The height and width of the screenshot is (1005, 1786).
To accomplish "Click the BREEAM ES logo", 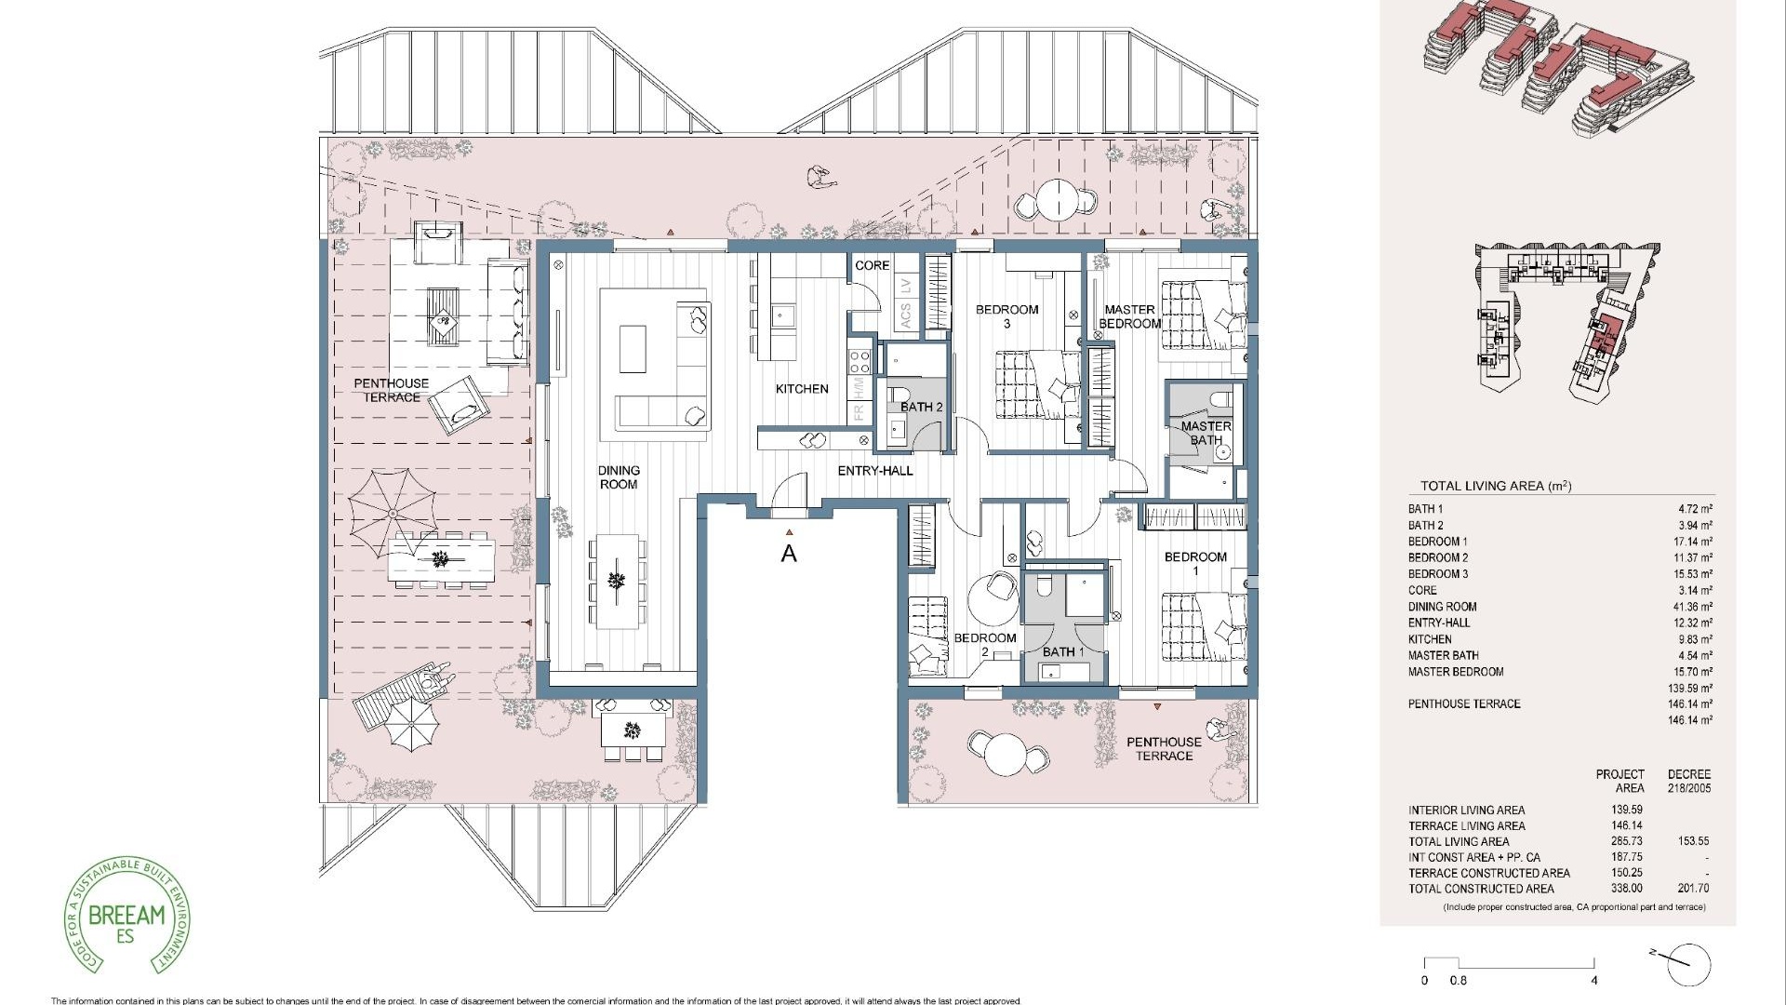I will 127,916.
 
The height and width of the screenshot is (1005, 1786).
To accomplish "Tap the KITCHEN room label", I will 802,389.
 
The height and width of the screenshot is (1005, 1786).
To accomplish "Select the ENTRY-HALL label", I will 875,471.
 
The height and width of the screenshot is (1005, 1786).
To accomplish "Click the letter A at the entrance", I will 789,554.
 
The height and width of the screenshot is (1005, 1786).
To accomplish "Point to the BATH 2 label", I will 921,407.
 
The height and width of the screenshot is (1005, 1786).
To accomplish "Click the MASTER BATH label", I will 1206,433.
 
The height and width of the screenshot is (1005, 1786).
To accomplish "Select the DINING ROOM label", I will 619,477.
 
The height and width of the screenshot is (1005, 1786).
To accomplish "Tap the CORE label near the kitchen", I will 872,265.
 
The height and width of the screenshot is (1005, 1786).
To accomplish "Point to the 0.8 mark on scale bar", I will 1458,981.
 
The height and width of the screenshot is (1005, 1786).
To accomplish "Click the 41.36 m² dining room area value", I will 1692,607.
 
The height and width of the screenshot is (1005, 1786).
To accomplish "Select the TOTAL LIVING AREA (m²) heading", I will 1495,486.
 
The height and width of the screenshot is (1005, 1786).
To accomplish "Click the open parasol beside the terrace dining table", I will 392,513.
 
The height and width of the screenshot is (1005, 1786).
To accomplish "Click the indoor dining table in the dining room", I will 616,582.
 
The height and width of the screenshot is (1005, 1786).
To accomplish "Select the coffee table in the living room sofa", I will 633,349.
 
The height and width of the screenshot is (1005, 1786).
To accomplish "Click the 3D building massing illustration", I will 1558,70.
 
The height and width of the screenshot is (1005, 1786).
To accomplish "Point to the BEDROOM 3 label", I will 1006,316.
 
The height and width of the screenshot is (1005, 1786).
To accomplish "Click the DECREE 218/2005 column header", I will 1688,781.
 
